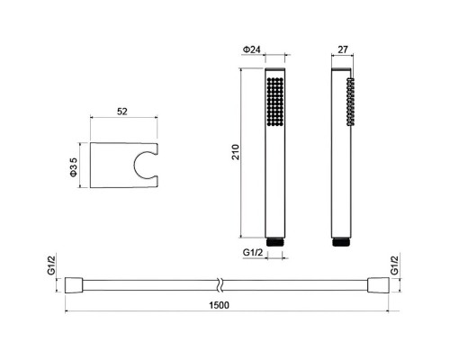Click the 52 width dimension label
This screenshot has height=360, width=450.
point(122,112)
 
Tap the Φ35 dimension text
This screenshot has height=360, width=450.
point(74,167)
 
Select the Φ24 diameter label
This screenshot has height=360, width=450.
point(251,49)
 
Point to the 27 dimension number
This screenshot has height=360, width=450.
point(343,49)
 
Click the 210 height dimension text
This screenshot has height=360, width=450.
point(236,152)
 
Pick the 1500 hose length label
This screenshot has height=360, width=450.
point(219,305)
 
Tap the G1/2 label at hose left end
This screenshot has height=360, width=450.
point(51,265)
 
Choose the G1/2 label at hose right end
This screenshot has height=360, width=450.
point(395,265)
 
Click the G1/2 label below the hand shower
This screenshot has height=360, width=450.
point(253,253)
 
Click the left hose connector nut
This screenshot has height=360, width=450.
point(74,285)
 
